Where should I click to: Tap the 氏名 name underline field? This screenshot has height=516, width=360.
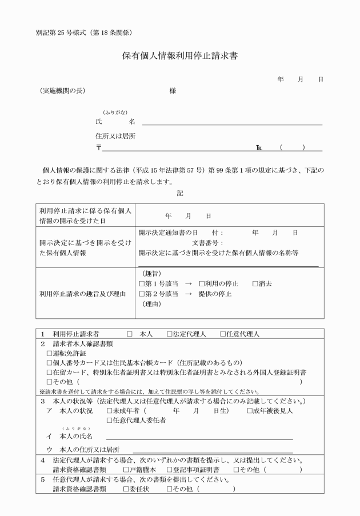pyautogui.click(x=231, y=123)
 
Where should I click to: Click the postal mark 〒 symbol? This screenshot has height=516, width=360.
pyautogui.click(x=99, y=148)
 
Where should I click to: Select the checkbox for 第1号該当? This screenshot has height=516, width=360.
pyautogui.click(x=142, y=283)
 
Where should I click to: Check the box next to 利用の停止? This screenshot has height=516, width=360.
pyautogui.click(x=202, y=283)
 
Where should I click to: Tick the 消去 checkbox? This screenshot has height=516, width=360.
pyautogui.click(x=255, y=283)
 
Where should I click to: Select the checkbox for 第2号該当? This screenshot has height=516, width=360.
pyautogui.click(x=142, y=293)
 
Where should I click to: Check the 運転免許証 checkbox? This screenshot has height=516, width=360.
pyautogui.click(x=49, y=354)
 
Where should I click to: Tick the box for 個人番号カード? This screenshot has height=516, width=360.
pyautogui.click(x=49, y=363)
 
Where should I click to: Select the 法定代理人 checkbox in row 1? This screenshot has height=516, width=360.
pyautogui.click(x=169, y=334)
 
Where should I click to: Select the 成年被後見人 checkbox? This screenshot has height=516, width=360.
pyautogui.click(x=250, y=410)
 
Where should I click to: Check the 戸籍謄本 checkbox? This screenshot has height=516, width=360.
pyautogui.click(x=126, y=470)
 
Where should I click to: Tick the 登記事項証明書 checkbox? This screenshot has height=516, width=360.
pyautogui.click(x=169, y=470)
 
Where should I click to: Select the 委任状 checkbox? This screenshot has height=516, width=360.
pyautogui.click(x=126, y=489)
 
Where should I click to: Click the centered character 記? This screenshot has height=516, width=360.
pyautogui.click(x=180, y=194)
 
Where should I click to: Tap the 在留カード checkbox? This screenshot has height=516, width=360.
pyautogui.click(x=49, y=371)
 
